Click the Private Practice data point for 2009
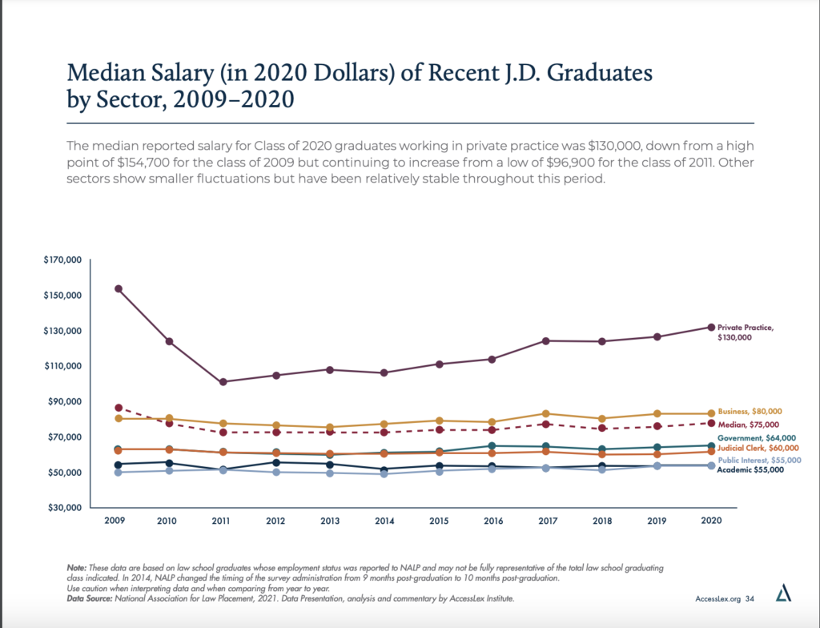[119, 288]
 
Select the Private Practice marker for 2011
[222, 382]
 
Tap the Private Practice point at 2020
[710, 327]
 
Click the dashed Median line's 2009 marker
[119, 408]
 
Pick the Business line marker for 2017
[546, 414]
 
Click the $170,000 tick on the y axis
[63, 260]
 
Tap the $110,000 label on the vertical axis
[63, 366]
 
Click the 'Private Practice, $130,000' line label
[746, 332]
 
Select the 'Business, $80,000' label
[750, 411]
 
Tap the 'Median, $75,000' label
[750, 424]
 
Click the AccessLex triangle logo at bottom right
[784, 594]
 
